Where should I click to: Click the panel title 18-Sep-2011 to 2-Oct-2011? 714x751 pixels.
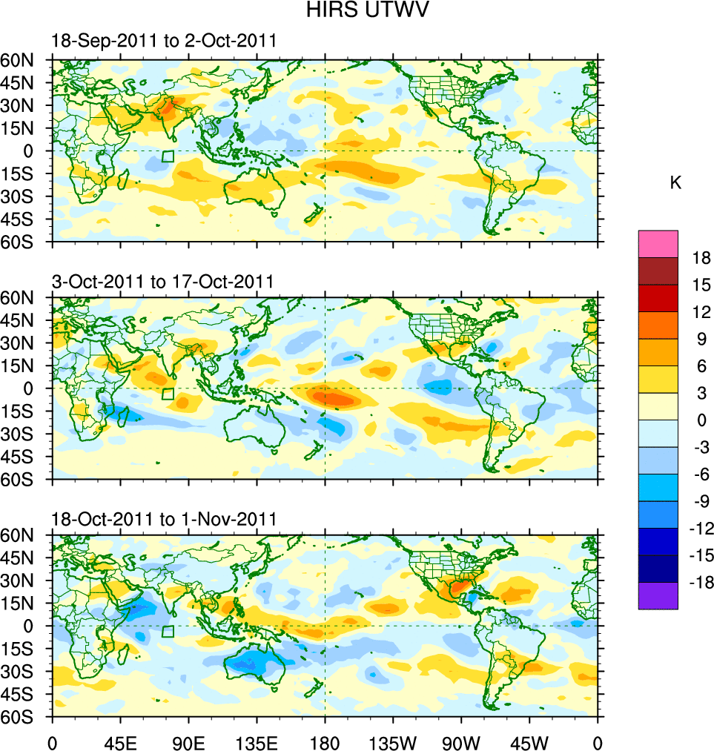point(164,42)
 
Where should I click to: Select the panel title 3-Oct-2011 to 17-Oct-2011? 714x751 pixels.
point(162,282)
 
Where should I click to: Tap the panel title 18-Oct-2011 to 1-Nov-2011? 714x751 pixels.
point(164,519)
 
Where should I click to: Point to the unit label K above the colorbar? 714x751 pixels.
point(675,183)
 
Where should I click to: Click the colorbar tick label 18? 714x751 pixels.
point(701,258)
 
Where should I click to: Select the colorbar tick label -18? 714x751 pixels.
point(697,583)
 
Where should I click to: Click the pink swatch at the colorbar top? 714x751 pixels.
point(658,243)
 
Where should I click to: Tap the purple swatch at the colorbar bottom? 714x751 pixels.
point(658,596)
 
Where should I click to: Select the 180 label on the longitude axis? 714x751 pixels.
point(325,741)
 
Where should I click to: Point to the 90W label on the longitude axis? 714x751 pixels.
point(461,741)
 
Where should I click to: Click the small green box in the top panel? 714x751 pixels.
point(168,156)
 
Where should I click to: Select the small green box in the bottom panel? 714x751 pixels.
point(168,632)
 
